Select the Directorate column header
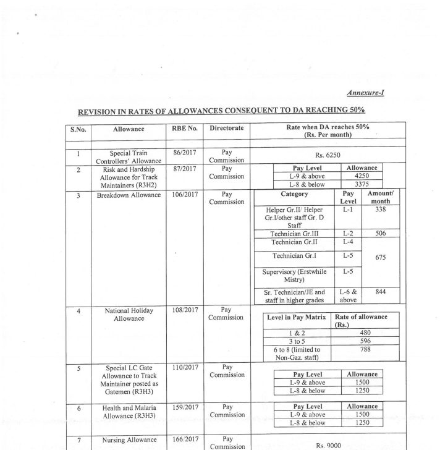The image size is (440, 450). pos(226,129)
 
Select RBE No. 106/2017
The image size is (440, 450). pos(185,195)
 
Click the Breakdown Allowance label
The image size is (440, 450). pos(129,195)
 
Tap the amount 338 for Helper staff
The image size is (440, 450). pos(381,209)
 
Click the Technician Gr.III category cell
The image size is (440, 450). pos(294,233)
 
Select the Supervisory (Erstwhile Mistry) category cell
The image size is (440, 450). pos(294,275)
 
